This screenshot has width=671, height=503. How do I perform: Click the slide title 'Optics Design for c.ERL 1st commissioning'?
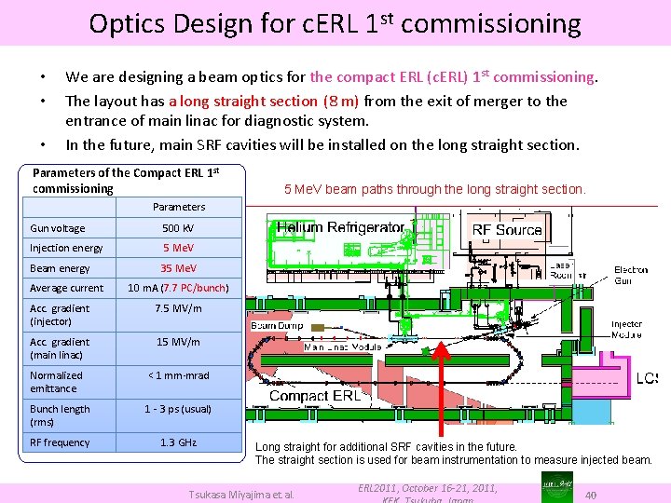335,22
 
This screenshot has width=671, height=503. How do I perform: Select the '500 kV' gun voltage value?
178,228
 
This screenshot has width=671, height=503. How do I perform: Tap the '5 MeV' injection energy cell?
178,248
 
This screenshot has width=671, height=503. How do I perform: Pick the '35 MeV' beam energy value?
178,268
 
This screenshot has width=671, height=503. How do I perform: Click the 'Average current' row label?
66,289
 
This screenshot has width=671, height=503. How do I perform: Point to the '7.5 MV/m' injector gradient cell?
178,308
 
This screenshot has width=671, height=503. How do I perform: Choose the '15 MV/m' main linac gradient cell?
178,342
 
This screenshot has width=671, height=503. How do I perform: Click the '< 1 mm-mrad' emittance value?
178,375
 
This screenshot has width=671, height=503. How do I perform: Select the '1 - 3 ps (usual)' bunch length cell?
178,409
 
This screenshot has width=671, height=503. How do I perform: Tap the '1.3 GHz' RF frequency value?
178,442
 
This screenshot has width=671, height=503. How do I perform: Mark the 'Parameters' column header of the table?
178,207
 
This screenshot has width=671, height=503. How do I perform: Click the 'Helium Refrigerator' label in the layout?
341,227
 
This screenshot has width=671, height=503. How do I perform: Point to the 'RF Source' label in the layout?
507,229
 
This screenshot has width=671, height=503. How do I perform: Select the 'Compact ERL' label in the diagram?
314,396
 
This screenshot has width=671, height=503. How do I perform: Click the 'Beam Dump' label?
276,326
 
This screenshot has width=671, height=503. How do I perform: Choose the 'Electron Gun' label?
631,275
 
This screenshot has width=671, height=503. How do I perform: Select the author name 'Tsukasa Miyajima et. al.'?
241,494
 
